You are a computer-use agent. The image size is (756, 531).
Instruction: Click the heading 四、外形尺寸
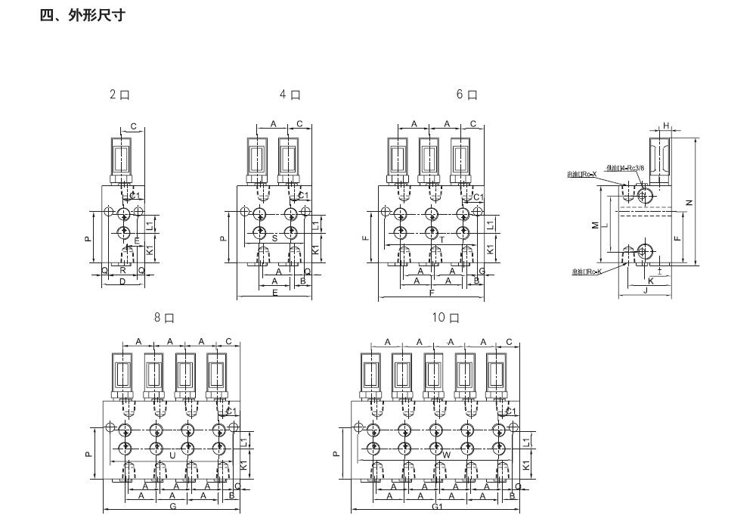(82, 15)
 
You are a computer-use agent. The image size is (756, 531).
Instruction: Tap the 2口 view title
(119, 95)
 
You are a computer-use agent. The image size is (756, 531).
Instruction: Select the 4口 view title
(290, 95)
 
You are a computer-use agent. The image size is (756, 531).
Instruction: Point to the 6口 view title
(466, 95)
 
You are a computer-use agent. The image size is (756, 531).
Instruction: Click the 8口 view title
(164, 318)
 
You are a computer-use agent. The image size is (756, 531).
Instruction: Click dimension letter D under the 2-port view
(122, 281)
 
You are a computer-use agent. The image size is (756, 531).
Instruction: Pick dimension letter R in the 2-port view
(122, 269)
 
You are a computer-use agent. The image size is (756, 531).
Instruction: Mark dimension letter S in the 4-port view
(274, 238)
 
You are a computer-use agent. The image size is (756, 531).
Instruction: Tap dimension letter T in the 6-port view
(442, 239)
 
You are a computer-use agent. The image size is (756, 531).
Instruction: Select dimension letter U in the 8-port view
(172, 455)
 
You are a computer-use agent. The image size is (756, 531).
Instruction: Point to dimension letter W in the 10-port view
(446, 455)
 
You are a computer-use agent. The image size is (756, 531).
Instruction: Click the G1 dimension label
(437, 507)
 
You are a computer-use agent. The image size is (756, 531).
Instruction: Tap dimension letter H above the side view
(666, 126)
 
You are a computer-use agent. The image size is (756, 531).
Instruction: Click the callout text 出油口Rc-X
(582, 174)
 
